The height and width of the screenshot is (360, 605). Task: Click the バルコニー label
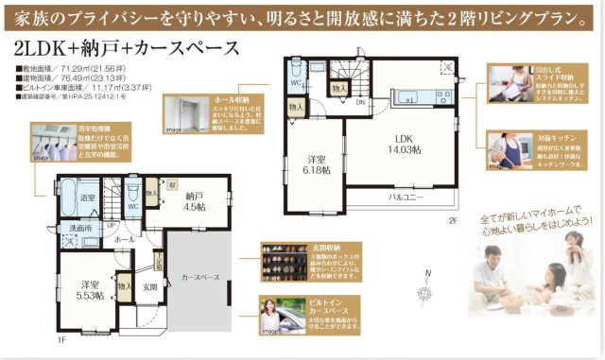tap(406, 197)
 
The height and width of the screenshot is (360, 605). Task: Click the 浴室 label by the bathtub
tap(87, 197)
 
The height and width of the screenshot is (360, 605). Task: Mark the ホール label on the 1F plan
tap(123, 240)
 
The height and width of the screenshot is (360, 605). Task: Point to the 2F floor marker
tap(453, 220)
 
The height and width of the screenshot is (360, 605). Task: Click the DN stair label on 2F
tap(359, 102)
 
